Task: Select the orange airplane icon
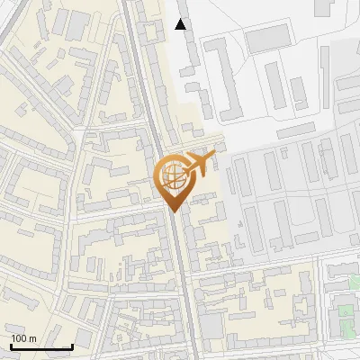201,164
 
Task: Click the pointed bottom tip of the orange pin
174,211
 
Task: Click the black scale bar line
40,346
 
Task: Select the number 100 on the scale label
19,338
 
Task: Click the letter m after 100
32,338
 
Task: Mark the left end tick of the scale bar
10,345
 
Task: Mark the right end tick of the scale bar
72,345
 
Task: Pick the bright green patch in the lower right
345,312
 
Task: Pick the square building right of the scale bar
84,337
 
